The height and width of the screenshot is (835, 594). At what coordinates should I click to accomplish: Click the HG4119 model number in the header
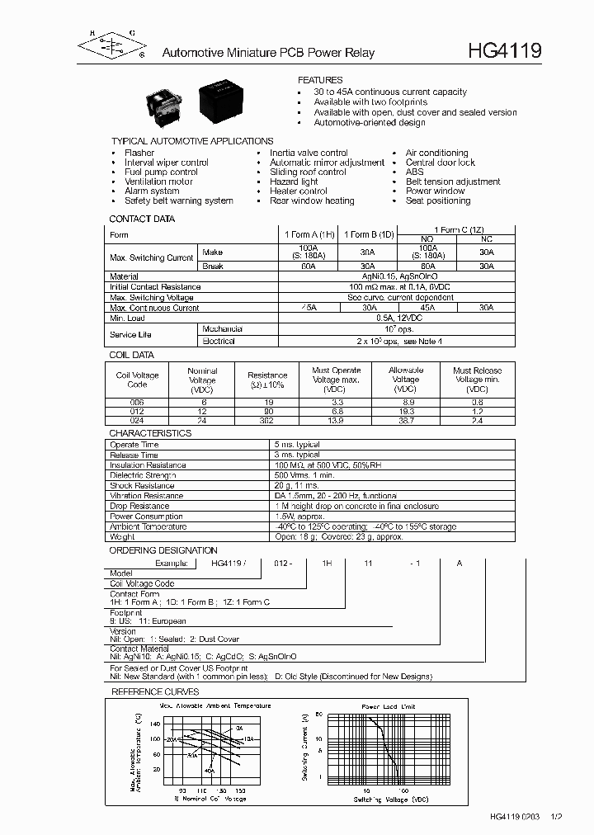(x=505, y=51)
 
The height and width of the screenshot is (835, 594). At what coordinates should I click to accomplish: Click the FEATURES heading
(x=320, y=80)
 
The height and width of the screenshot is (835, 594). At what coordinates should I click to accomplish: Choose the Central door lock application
(x=440, y=163)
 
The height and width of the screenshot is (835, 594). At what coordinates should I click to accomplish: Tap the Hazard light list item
(x=294, y=182)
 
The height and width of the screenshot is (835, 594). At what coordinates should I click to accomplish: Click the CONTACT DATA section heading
(x=142, y=219)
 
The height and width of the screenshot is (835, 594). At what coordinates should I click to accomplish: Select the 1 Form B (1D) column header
(x=367, y=234)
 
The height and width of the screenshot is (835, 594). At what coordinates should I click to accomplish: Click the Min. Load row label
(x=129, y=318)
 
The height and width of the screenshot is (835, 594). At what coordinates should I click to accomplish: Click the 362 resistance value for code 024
(x=267, y=420)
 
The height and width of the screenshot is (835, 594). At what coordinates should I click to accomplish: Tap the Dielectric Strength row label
(x=143, y=475)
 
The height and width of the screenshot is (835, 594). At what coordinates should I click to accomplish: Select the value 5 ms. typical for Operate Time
(x=297, y=445)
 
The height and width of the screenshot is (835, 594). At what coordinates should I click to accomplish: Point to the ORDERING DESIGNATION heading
(x=163, y=550)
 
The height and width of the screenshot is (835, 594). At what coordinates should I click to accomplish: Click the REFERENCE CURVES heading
(x=155, y=691)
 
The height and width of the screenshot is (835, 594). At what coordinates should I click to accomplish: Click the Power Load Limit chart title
(x=389, y=707)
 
